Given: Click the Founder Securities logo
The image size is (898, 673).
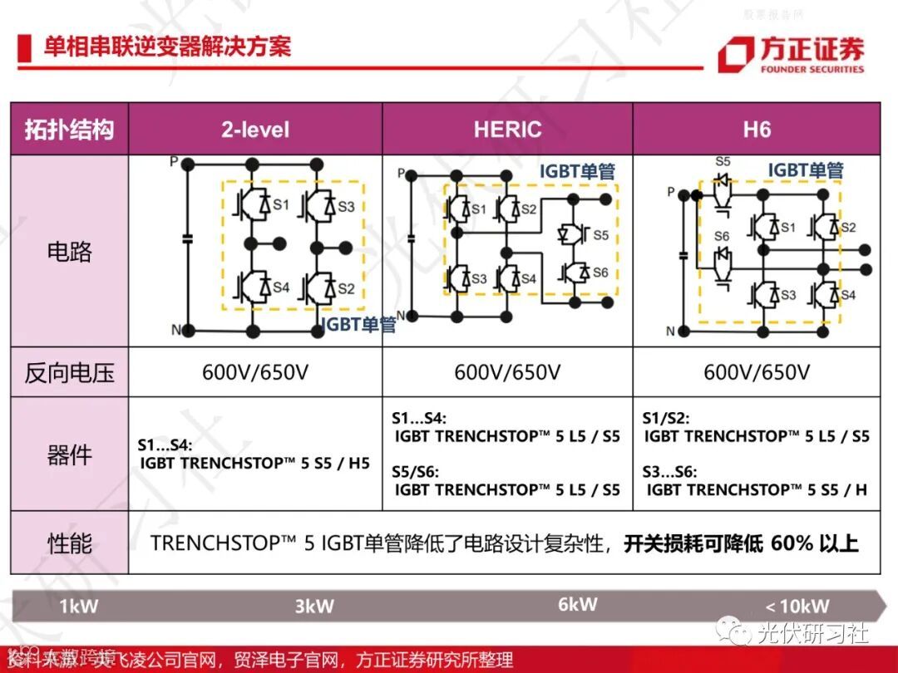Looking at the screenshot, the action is coord(791,55).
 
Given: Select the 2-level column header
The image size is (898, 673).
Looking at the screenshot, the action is coord(255,130).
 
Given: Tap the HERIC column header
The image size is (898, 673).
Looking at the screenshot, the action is coord(507,130).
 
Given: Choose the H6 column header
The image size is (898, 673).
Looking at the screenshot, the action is coord(757,130).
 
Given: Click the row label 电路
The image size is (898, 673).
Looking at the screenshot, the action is coord(70,251).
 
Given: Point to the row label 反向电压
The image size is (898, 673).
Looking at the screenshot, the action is coord(70,372).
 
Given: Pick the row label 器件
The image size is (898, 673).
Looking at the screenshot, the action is coord(70,454).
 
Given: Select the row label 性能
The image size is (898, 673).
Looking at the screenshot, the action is coord(70,543).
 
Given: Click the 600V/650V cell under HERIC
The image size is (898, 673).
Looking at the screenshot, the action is coord(507,372).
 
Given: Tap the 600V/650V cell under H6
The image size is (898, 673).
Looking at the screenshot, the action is coord(757,372).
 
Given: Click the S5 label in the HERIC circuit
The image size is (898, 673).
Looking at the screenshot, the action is coord(600,235).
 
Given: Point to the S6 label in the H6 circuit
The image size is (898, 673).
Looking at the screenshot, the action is coord(722,238).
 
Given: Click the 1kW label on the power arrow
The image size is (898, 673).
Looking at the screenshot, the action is coord(79,606).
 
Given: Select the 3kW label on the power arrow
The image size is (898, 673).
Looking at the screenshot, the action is coord(314,606).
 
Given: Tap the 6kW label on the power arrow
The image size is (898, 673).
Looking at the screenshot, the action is coord(577,604).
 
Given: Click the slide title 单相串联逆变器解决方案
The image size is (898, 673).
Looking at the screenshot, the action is coord(167,46).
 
